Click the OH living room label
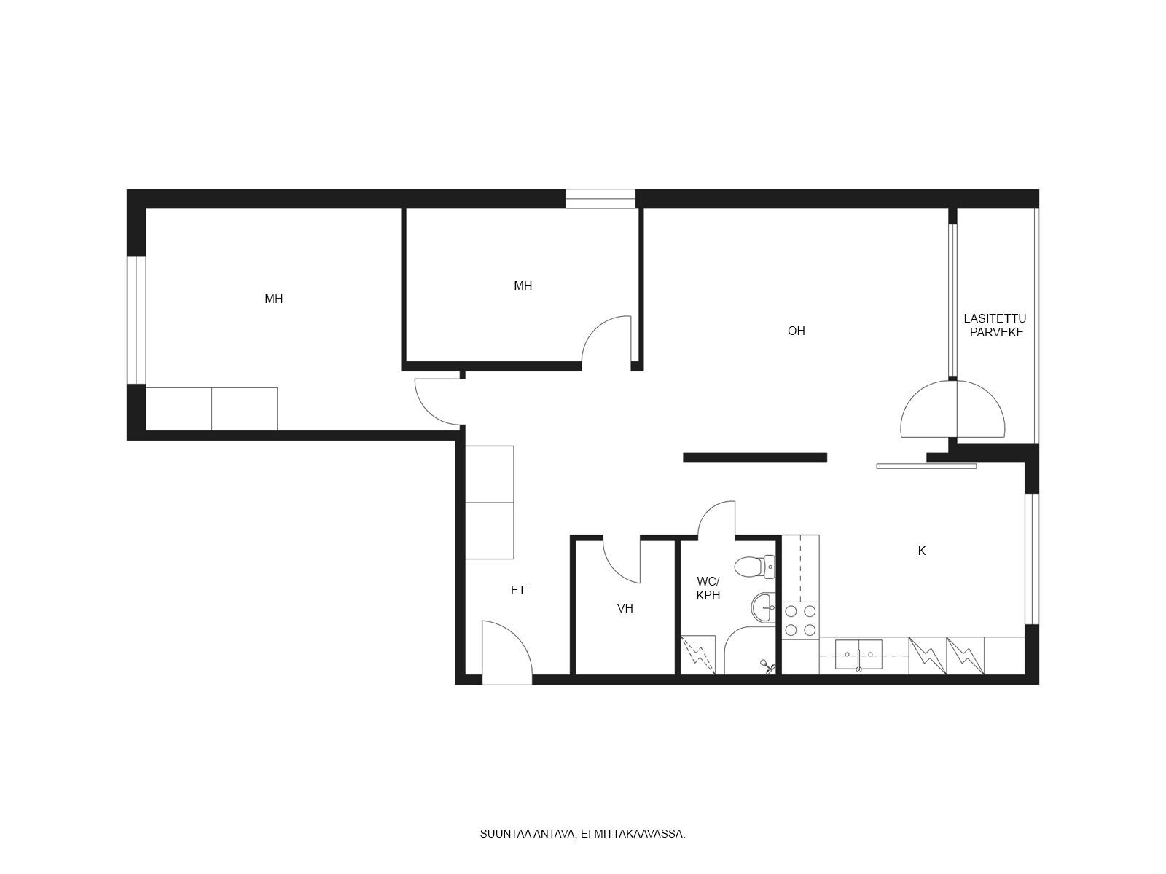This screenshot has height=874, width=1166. pos(796,331)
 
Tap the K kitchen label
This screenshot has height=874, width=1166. pos(922,551)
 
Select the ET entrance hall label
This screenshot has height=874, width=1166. pos(518,590)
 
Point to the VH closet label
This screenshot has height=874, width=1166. pos(625,609)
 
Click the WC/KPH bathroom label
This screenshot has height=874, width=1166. pos(708,588)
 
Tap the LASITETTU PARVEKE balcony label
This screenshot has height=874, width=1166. pos(995,326)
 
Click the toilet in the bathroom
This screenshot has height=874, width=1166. pos(754,567)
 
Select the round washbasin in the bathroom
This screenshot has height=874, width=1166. pos(763,607)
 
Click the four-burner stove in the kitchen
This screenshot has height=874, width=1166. pos(800,621)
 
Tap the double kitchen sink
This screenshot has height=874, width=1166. pos(858,654)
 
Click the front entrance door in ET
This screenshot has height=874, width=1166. pos(506,652)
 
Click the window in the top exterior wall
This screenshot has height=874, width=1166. pos(600,198)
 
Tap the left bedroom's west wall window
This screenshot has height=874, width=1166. pos(136,320)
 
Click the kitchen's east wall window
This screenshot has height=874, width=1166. pos(1032,559)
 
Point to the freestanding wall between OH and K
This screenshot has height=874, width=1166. pos(755,457)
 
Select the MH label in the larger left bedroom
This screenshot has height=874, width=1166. pos(273,299)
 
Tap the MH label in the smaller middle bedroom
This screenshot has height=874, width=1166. pos(523,286)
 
